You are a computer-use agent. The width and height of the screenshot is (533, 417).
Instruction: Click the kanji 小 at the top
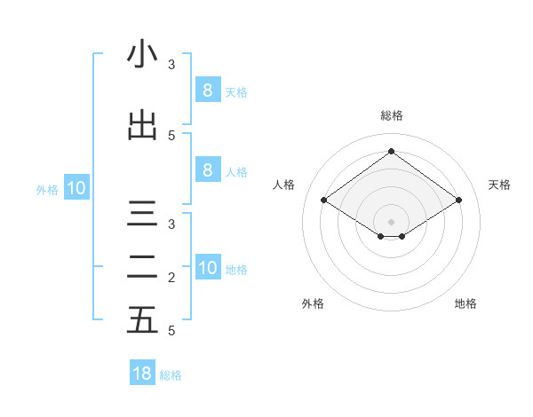tap(142, 54)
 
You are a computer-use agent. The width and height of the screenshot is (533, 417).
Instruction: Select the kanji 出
tap(142, 125)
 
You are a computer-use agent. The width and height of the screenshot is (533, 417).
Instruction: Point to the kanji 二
tap(142, 267)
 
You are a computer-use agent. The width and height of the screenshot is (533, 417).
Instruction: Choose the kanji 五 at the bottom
tap(142, 320)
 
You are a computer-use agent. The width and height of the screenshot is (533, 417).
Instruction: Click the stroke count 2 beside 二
tap(171, 278)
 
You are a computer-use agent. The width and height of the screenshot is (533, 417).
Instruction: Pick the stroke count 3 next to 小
tap(171, 65)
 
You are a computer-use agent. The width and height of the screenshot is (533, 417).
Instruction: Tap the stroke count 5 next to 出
tap(171, 135)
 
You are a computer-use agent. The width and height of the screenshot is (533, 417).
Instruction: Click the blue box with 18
tap(142, 374)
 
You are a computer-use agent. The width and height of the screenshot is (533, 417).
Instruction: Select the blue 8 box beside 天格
tap(207, 90)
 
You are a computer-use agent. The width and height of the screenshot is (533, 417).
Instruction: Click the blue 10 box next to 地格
tap(207, 267)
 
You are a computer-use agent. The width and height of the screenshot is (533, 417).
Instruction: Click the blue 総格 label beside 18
tap(171, 375)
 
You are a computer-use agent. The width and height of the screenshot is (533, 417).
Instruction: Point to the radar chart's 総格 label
tap(391, 115)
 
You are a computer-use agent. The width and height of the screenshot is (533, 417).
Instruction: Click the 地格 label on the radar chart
tap(465, 303)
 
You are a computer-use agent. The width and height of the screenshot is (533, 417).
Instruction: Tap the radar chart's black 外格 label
tap(313, 303)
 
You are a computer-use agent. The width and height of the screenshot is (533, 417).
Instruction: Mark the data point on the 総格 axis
tap(391, 151)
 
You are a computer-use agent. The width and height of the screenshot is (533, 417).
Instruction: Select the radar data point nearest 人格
tap(323, 201)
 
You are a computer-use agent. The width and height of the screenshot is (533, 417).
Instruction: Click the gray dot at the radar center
tap(391, 220)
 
